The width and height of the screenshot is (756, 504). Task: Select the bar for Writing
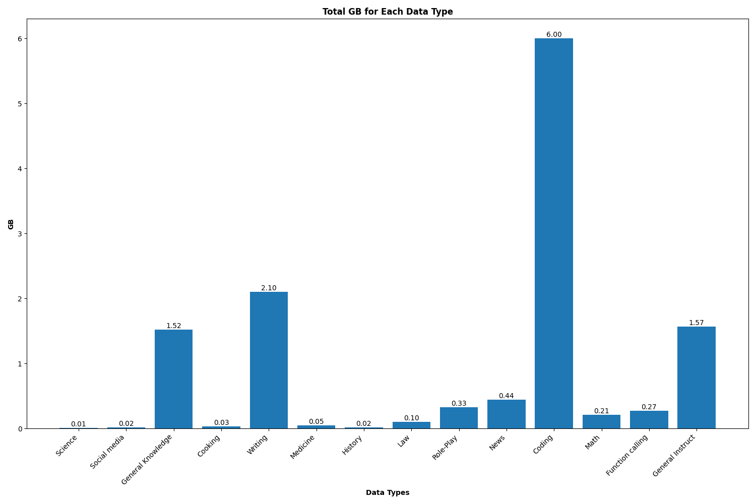pyautogui.click(x=269, y=360)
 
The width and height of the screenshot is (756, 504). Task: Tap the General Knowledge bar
pyautogui.click(x=173, y=379)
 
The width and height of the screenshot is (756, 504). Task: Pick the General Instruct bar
pyautogui.click(x=696, y=377)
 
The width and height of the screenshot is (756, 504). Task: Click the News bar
pyautogui.click(x=506, y=414)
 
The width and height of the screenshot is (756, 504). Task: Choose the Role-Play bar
pyautogui.click(x=459, y=418)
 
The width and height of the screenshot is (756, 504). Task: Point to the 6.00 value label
pyautogui.click(x=553, y=35)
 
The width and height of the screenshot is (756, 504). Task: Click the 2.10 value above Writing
pyautogui.click(x=269, y=288)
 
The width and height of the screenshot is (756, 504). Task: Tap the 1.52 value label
pyautogui.click(x=173, y=326)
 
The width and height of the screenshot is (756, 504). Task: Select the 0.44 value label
pyautogui.click(x=506, y=396)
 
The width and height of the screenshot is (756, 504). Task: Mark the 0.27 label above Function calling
pyautogui.click(x=649, y=407)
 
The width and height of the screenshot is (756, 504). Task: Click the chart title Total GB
pyautogui.click(x=388, y=12)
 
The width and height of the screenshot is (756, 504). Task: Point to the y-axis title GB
pyautogui.click(x=11, y=224)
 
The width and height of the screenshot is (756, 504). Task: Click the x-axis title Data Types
pyautogui.click(x=388, y=492)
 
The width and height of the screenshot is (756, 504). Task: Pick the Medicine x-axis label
pyautogui.click(x=303, y=447)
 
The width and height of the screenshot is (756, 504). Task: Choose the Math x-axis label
pyautogui.click(x=593, y=442)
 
